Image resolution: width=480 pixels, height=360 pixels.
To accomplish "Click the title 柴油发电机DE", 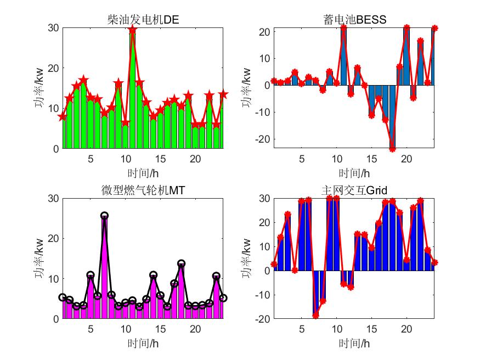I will click(x=143, y=20).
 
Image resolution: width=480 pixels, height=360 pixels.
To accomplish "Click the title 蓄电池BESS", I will click(x=355, y=20).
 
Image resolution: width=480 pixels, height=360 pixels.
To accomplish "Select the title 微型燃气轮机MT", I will click(x=143, y=190).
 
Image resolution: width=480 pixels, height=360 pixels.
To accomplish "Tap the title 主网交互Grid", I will click(x=355, y=190).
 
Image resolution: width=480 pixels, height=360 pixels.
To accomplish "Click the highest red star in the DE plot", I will click(x=132, y=30).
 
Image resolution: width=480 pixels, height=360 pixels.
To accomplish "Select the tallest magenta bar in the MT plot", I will click(x=104, y=269).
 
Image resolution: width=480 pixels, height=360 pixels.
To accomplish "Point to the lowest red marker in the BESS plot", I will click(x=392, y=148).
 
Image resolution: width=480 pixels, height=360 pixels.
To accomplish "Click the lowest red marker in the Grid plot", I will click(x=315, y=316).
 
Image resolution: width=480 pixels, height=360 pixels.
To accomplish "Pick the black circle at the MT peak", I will click(x=104, y=216).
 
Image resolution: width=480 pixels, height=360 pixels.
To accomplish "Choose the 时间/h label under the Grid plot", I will click(x=355, y=344).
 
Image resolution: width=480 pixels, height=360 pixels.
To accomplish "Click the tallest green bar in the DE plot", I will click(x=132, y=91).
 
